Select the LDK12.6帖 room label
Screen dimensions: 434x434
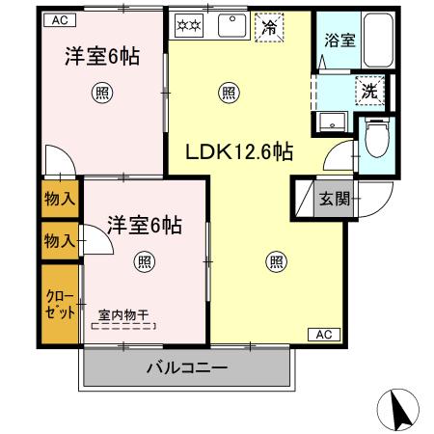coord(239,151)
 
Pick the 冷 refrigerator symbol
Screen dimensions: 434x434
coord(269,28)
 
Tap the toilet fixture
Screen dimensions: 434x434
coord(376,142)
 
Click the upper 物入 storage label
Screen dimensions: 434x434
coord(60,199)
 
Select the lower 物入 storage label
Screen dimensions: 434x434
coord(60,239)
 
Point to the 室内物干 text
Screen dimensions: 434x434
coord(122,314)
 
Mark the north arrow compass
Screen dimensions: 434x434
coord(403,411)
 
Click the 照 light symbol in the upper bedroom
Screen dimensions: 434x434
coord(100,93)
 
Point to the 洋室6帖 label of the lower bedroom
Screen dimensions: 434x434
coord(144,225)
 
